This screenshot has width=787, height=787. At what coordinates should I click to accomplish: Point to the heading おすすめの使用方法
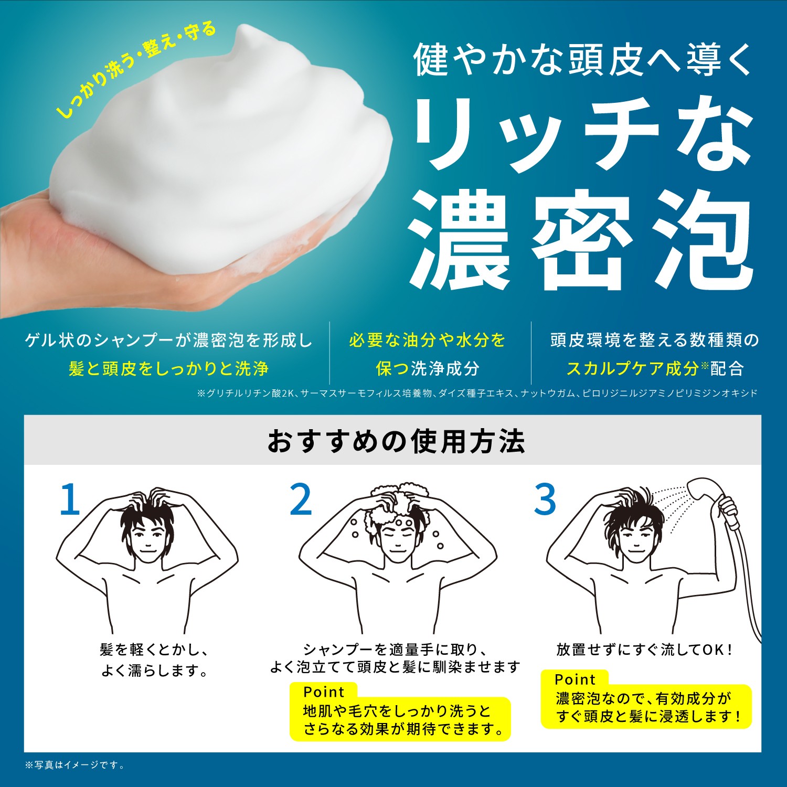pos(396,441)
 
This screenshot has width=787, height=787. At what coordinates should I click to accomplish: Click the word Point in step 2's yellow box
pos(324,692)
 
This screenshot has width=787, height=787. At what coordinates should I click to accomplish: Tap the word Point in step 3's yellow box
pos(575,679)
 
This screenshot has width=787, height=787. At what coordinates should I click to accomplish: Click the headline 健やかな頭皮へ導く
pos(583,60)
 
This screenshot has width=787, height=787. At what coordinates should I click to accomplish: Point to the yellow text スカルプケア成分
pos(632,368)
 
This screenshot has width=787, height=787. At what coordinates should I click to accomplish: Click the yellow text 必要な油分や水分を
pos(427,340)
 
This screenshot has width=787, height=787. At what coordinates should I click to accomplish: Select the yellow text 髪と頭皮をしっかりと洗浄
pos(168,368)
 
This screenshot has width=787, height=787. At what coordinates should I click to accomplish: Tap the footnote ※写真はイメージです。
pos(75,765)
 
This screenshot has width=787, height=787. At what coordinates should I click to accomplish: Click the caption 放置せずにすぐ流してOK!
pos(644,650)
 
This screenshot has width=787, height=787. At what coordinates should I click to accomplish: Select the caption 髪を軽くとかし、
pos(154,650)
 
